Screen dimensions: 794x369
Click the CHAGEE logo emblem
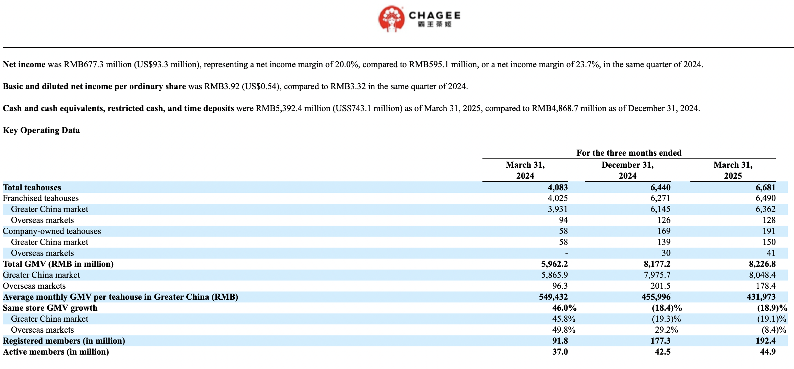392,19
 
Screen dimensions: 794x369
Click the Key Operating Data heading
41,130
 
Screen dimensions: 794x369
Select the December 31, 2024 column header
628,170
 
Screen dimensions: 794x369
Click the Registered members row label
64,341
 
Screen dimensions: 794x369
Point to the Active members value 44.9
768,352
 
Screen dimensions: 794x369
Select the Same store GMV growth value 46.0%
564,308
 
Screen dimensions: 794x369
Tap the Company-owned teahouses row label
52,231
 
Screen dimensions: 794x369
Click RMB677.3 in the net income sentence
83,64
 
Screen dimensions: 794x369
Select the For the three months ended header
629,153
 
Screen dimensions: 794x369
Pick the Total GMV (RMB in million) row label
58,264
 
